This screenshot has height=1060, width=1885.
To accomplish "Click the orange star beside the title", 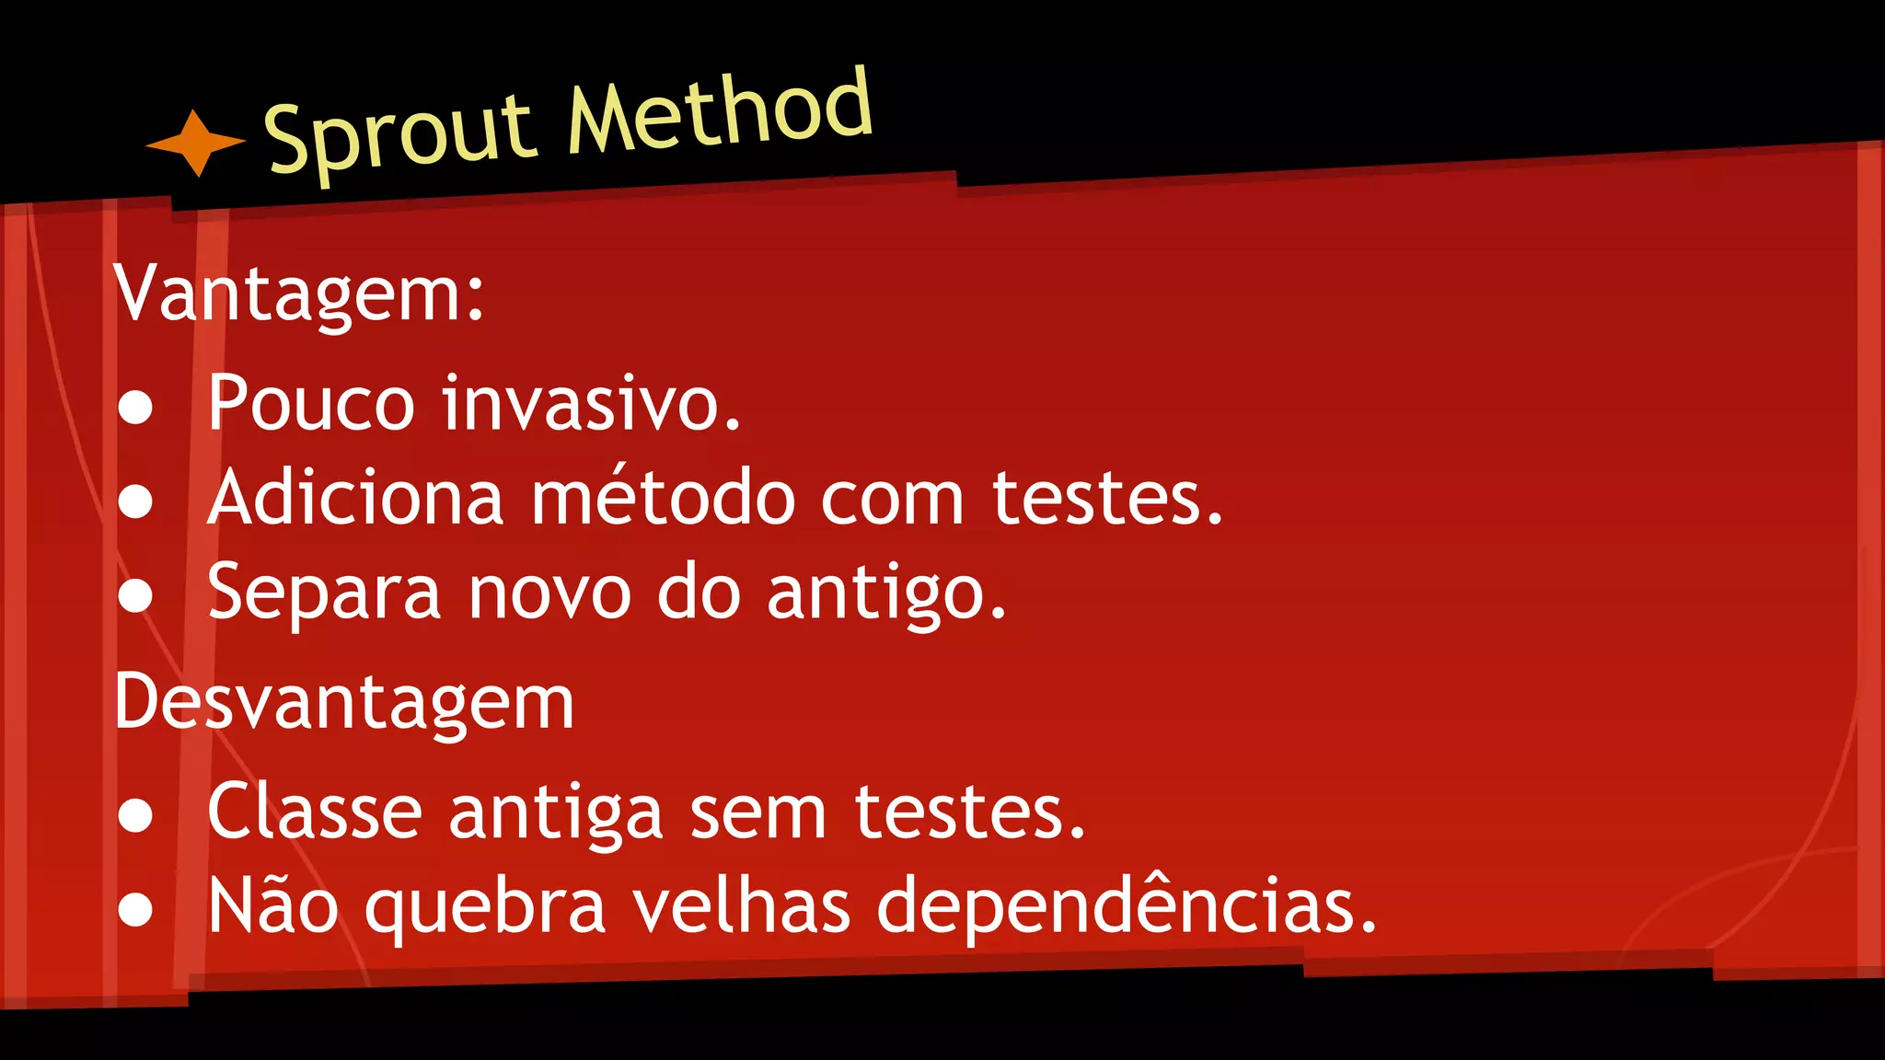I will [195, 143].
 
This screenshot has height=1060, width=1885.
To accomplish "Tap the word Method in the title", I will [719, 111].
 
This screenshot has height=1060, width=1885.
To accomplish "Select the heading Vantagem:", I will [299, 294].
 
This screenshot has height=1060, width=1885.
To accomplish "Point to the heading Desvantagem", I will [344, 703].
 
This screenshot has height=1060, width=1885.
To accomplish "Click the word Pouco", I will [311, 403].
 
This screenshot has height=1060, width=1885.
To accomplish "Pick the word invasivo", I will [591, 403].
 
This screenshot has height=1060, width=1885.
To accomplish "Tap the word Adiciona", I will [355, 498].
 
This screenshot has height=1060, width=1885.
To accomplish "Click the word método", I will [663, 498].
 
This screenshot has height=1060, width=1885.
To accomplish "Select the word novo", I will [549, 593].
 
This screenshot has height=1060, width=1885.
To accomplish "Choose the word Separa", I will [324, 594].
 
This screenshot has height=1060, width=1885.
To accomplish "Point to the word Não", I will [272, 905].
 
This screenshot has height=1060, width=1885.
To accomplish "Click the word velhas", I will [742, 905].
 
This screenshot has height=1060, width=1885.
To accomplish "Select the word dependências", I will [1127, 907].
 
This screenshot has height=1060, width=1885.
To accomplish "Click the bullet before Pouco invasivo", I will [135, 408].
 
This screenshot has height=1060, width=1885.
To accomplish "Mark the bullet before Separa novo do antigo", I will [135, 596].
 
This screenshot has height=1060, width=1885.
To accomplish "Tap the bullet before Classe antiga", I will [135, 815].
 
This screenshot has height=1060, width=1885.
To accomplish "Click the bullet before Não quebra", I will [135, 909].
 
